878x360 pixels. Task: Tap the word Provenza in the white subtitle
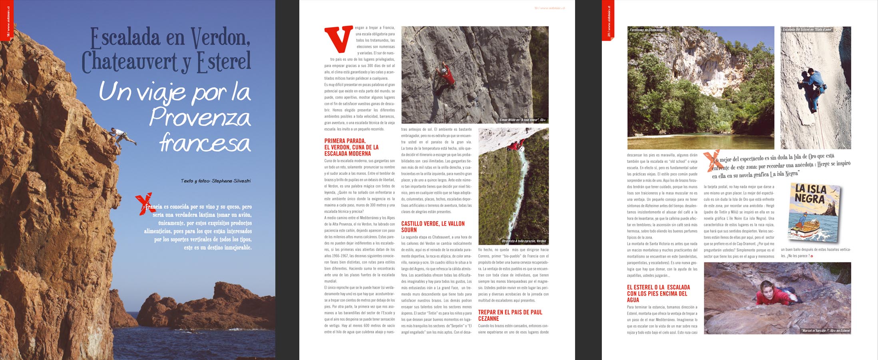pos(200,117)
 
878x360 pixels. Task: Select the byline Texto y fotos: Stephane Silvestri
pos(215,181)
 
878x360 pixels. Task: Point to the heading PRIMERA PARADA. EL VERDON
pos(351,147)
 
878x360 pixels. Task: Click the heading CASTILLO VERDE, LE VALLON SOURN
pos(433,227)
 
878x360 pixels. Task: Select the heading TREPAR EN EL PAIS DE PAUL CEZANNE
pos(510,315)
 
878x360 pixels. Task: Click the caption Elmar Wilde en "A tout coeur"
pos(522,120)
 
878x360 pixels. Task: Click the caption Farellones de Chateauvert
pos(647,30)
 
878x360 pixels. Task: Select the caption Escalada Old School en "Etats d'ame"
pos(807,30)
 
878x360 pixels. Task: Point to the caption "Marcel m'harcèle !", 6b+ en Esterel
pos(825,331)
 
